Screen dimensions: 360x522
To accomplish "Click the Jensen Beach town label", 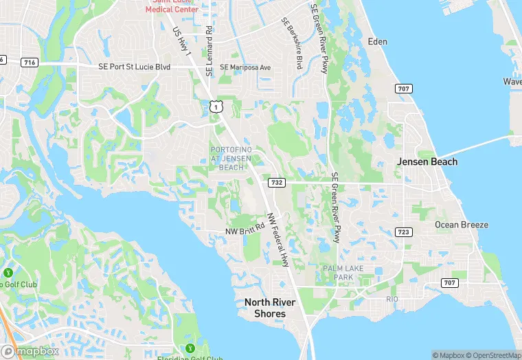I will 427,161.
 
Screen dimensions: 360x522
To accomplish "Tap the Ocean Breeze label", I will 462,225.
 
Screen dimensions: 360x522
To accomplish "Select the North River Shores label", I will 265,307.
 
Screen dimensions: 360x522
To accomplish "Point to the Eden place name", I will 378,41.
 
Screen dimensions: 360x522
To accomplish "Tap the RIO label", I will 392,300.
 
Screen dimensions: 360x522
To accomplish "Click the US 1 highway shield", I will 216,106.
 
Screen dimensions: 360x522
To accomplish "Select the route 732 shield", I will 277,182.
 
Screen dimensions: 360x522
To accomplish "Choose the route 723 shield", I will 403,232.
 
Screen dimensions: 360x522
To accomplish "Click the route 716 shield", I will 30,63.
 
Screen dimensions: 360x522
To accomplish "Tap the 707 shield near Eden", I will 403,89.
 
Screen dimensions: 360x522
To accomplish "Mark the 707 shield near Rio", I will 449,283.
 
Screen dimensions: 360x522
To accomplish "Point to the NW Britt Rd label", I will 245,232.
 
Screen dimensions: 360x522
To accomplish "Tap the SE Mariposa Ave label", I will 245,67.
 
